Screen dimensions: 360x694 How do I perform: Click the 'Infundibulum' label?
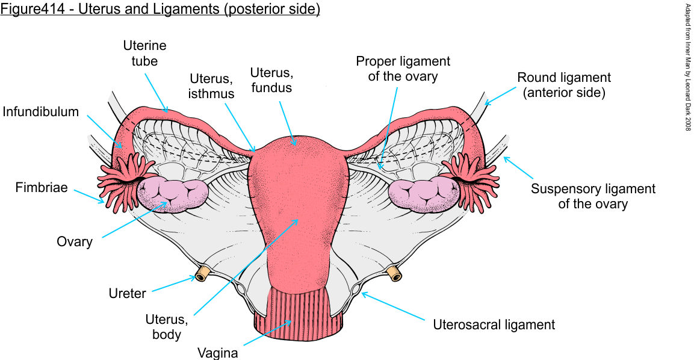point(40,112)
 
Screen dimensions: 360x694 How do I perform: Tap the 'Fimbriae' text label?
point(40,188)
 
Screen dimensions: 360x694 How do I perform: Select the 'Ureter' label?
point(127,294)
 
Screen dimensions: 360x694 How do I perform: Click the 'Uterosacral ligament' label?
point(494,325)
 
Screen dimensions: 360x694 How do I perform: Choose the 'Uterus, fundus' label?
point(271,80)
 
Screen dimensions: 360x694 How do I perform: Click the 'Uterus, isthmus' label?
point(212,86)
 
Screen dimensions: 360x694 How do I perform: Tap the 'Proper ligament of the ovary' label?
point(403,69)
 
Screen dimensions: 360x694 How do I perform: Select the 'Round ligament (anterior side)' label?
point(564,85)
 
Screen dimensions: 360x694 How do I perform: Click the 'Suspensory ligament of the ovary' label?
point(592,196)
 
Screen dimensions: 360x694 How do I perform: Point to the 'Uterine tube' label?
point(144,53)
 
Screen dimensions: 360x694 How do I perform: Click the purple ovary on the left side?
point(173,194)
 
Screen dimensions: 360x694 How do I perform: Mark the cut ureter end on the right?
point(394,274)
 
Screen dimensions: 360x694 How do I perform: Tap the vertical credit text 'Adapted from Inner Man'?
point(687,66)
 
